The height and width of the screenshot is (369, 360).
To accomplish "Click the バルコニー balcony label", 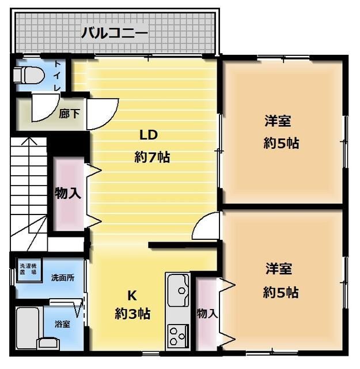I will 114,32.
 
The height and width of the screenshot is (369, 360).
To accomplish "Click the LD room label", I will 149,135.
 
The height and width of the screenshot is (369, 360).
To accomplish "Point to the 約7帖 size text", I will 152,156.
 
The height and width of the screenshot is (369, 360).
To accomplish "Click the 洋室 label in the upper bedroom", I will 278,122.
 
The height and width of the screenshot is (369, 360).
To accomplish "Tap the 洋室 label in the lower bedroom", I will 279,269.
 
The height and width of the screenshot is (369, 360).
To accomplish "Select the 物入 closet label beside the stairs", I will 68,193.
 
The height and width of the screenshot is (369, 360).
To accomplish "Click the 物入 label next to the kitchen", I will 207,314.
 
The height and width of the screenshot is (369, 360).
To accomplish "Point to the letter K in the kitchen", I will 131,295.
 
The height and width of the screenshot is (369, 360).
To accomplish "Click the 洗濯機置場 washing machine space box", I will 28,270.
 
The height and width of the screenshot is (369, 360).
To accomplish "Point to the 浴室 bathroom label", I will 62,324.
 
